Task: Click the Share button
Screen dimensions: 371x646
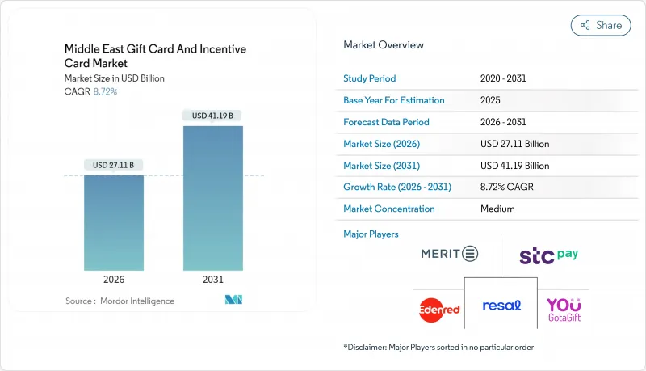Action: tap(601, 25)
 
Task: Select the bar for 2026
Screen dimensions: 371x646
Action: tap(114, 222)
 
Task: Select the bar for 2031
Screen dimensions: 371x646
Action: tap(213, 198)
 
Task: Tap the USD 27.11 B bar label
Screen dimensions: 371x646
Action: tap(114, 165)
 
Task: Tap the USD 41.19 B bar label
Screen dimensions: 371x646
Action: tap(213, 116)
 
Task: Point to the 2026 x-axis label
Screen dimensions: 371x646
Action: tap(114, 279)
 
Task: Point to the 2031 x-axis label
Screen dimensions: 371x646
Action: tap(213, 279)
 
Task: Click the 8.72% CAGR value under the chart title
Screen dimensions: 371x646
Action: tap(104, 91)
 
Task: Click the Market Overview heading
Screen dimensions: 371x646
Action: tap(384, 45)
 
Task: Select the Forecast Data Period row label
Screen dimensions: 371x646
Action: tap(386, 122)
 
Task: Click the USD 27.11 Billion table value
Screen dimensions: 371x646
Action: tap(514, 144)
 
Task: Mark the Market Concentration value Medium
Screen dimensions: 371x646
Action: tap(497, 209)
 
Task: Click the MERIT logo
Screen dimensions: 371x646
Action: tap(449, 254)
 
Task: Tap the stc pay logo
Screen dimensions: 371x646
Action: tap(549, 255)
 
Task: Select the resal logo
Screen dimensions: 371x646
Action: tap(501, 306)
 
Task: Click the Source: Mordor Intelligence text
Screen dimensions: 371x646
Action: tap(120, 301)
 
